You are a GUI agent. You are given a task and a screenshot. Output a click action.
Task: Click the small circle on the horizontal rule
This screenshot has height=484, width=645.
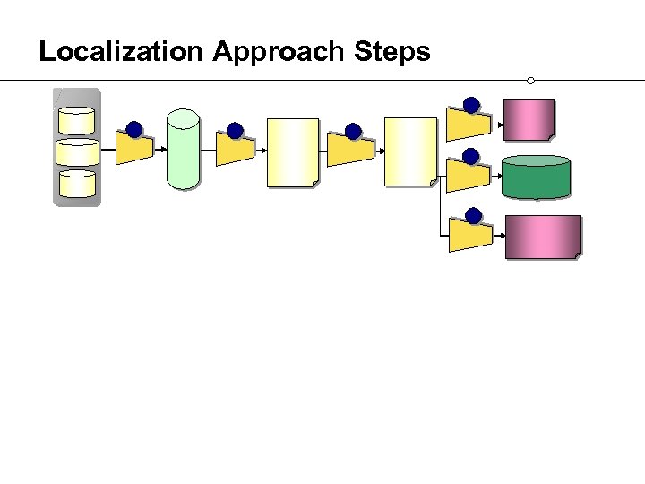point(531,81)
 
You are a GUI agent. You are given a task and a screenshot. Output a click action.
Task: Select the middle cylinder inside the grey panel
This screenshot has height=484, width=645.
point(77,152)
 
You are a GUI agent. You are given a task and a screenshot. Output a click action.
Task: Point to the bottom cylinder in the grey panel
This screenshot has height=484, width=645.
point(77,184)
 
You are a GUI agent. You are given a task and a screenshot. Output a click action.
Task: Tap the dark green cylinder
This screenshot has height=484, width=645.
point(536,177)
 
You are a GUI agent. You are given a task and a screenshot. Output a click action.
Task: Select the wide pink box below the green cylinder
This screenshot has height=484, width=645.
point(543,238)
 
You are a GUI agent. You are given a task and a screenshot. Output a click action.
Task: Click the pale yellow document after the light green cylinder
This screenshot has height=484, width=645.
point(292,152)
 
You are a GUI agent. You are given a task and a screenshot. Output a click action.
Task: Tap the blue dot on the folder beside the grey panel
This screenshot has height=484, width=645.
point(134,130)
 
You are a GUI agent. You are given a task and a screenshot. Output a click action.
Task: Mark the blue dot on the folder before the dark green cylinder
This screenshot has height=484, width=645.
point(472,157)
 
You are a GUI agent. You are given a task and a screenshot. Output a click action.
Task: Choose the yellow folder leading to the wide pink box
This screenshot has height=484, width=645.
point(469,235)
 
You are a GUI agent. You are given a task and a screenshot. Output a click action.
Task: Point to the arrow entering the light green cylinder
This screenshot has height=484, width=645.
point(160,151)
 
